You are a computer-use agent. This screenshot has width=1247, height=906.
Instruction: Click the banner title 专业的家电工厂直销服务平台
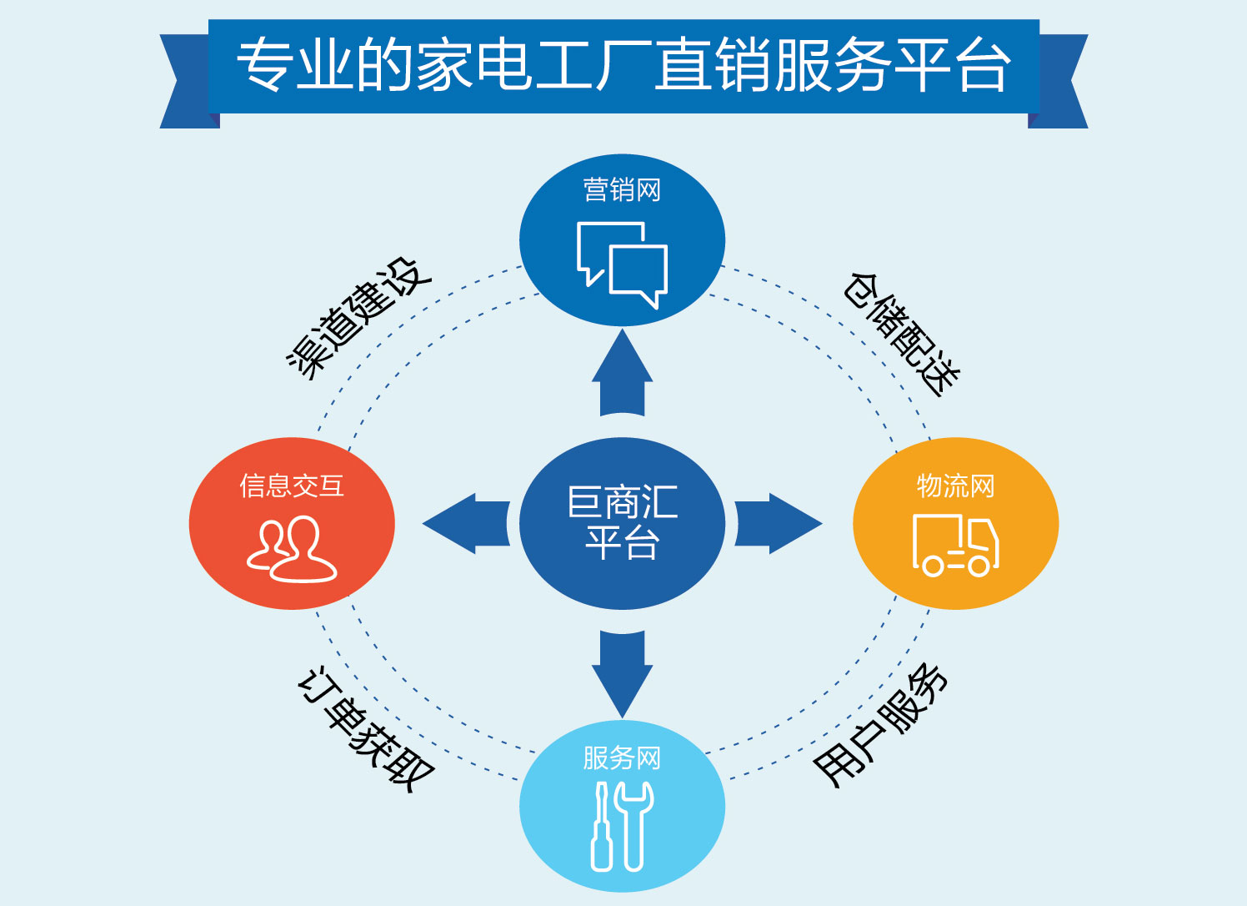point(623,65)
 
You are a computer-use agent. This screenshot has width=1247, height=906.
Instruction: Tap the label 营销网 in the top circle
point(622,190)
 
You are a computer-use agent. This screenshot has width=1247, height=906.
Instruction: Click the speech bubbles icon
point(623,264)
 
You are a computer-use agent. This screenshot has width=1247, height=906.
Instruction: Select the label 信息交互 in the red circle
point(292,485)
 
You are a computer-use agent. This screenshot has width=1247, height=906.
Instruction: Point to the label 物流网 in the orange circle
point(955,485)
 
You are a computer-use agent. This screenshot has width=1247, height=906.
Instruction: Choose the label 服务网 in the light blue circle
point(622,758)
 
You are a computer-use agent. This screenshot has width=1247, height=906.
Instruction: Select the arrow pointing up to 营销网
point(622,374)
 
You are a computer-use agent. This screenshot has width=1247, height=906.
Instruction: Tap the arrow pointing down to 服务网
point(622,672)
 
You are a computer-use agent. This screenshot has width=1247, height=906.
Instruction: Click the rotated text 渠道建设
point(358,318)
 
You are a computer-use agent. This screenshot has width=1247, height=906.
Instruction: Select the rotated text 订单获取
point(365,728)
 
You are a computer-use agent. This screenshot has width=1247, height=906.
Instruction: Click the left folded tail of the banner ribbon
point(185,82)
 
